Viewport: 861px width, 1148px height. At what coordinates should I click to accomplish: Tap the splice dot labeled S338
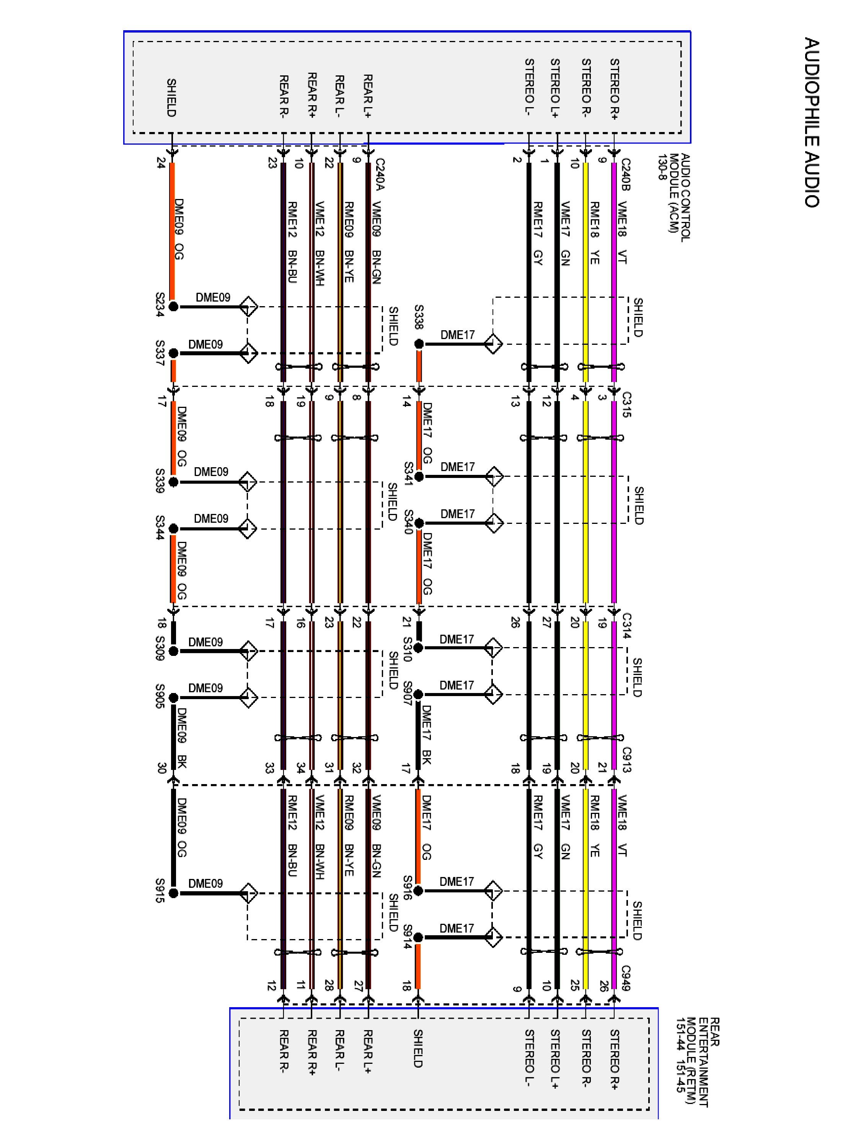point(419,344)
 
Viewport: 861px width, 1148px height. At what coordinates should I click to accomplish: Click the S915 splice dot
point(173,893)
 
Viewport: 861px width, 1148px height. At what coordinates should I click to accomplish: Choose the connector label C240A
point(379,175)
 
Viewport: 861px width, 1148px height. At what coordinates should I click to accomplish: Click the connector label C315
point(626,405)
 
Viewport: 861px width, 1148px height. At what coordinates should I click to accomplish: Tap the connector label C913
point(626,759)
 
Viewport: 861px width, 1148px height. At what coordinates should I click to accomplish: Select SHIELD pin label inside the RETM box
point(418,1049)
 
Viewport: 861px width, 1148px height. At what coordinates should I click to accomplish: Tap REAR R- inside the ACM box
point(284,95)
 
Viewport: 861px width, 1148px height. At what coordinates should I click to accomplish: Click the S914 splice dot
point(418,937)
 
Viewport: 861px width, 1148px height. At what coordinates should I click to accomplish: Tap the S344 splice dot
point(173,528)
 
